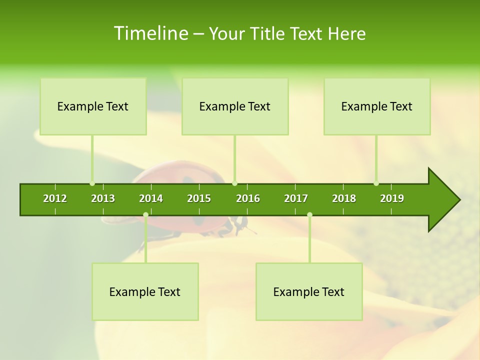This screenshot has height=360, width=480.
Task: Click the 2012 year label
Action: (55, 198)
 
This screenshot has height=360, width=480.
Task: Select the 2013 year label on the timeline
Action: (103, 198)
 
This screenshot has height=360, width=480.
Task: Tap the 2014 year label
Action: (151, 198)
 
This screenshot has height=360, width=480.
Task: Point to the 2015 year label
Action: (199, 198)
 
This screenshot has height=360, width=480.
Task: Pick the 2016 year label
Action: (248, 198)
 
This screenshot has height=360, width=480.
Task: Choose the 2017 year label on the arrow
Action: (296, 198)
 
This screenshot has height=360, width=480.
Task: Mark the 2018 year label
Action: (344, 198)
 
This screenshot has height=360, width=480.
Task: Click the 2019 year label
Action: (392, 198)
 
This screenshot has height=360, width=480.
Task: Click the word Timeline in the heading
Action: (150, 33)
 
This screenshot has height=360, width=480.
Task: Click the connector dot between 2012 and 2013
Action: (92, 183)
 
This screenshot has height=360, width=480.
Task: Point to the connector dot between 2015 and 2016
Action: (235, 183)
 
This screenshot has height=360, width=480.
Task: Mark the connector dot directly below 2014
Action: (145, 215)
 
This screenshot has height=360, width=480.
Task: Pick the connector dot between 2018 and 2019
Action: (376, 183)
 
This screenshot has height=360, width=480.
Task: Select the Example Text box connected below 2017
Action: (309, 291)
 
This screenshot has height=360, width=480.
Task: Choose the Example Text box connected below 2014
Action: (145, 291)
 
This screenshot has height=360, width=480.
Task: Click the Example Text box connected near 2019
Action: (377, 106)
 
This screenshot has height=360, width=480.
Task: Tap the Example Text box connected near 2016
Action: (235, 106)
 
